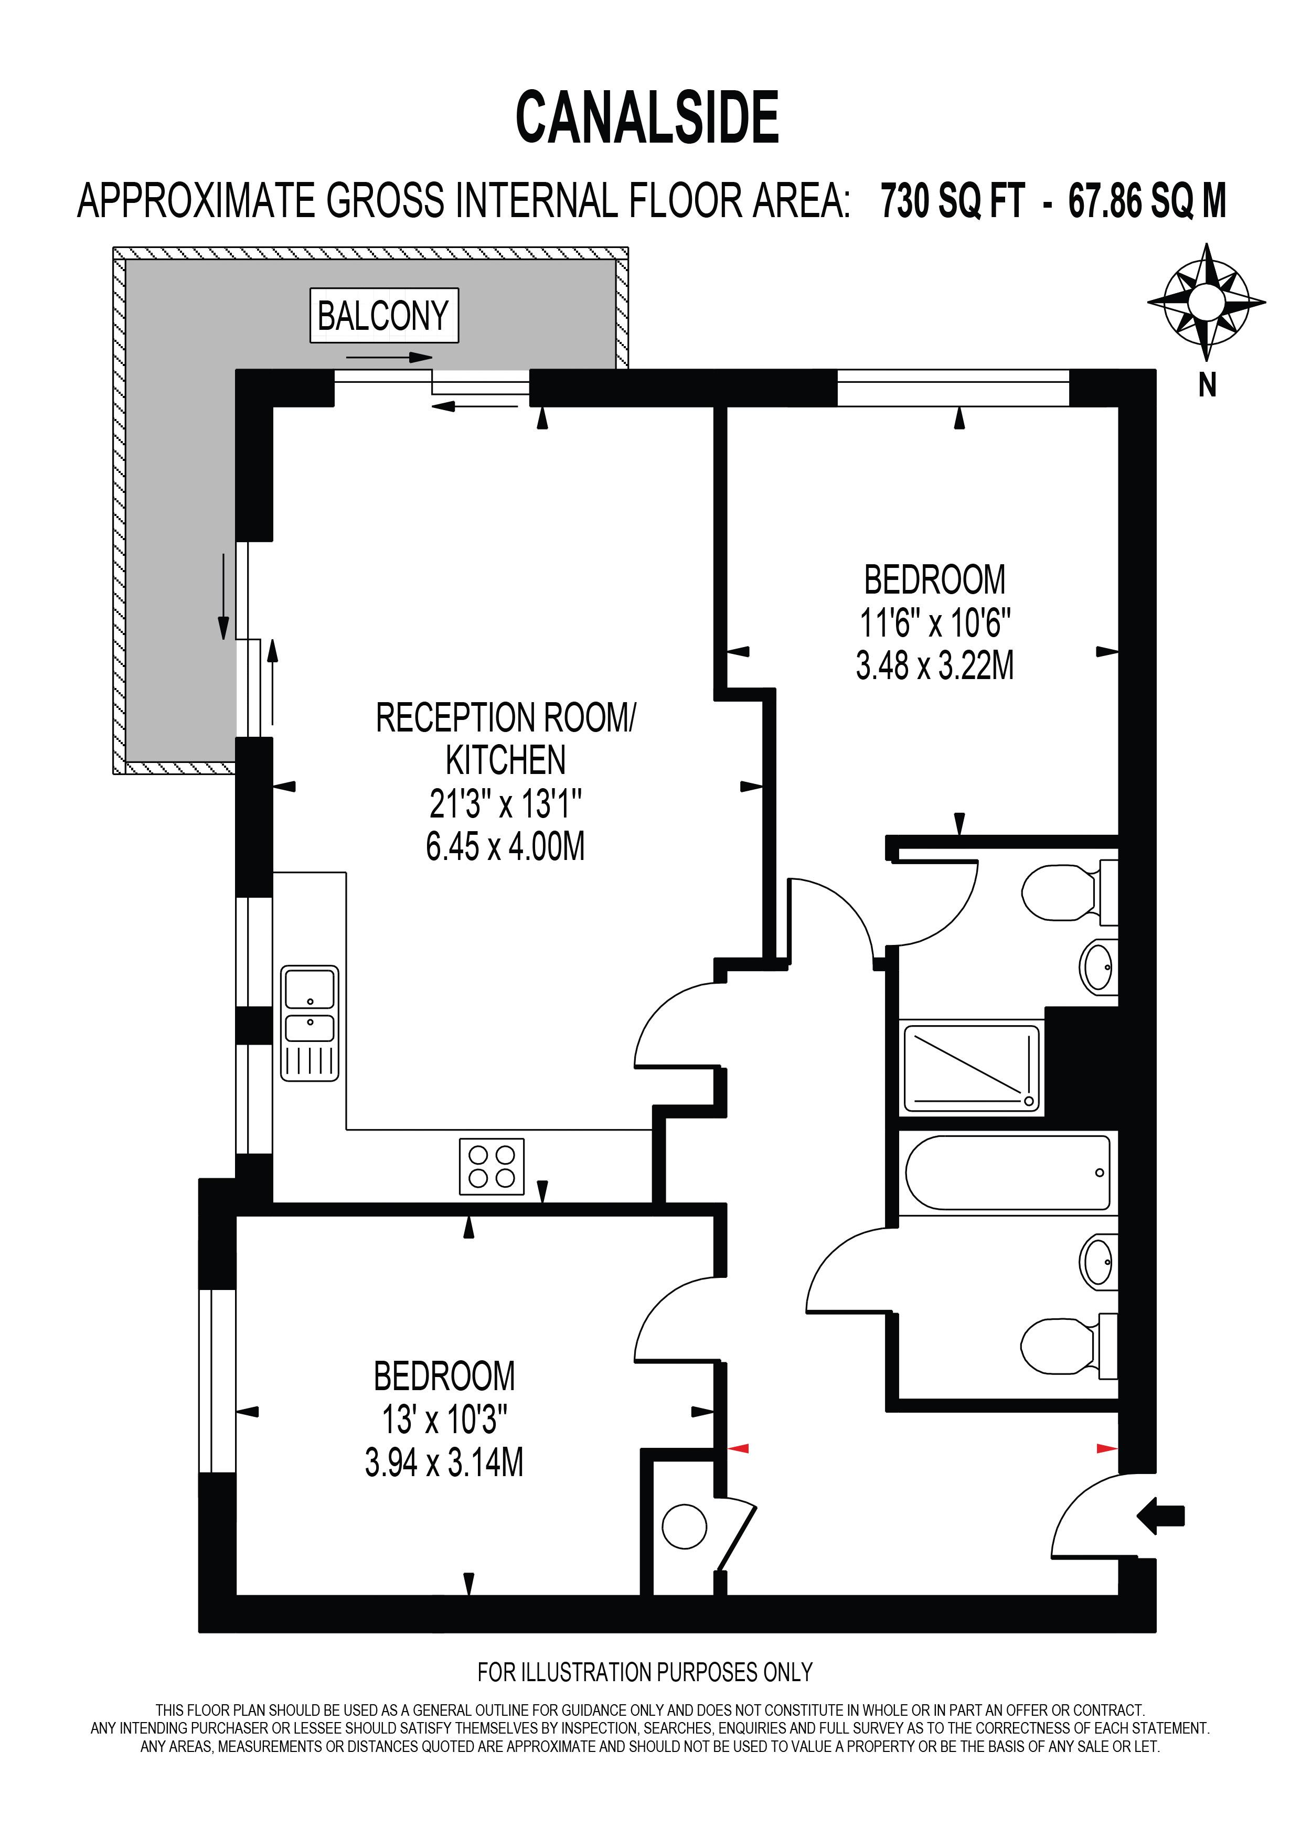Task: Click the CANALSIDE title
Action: (647, 118)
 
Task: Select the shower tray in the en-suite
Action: (972, 1069)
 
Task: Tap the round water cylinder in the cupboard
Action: (685, 1526)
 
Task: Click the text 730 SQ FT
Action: (953, 201)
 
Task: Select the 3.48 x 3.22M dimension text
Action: (935, 665)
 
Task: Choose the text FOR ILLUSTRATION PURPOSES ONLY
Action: (645, 1672)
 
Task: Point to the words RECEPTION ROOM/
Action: (506, 718)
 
